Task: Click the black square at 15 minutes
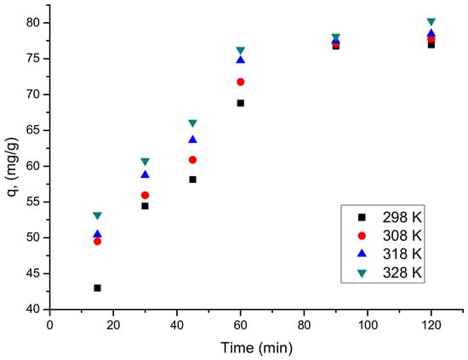click(x=97, y=288)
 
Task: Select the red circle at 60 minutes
click(x=240, y=82)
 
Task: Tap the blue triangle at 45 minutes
click(x=193, y=140)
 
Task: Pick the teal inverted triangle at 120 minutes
click(x=431, y=21)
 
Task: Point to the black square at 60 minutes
click(x=240, y=103)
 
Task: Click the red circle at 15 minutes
click(x=97, y=241)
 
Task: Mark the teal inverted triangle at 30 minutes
click(x=145, y=162)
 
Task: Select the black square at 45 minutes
click(x=193, y=180)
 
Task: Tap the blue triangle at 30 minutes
click(x=145, y=174)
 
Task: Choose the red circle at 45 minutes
click(x=193, y=160)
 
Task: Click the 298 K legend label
click(x=402, y=218)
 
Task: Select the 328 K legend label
click(x=402, y=272)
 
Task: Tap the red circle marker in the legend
click(x=362, y=236)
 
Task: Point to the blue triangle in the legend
click(x=362, y=254)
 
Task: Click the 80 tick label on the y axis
click(x=33, y=23)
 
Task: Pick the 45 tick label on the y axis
click(x=33, y=273)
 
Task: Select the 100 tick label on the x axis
click(x=368, y=325)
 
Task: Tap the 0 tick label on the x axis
click(x=50, y=325)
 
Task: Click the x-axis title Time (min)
click(x=257, y=348)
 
